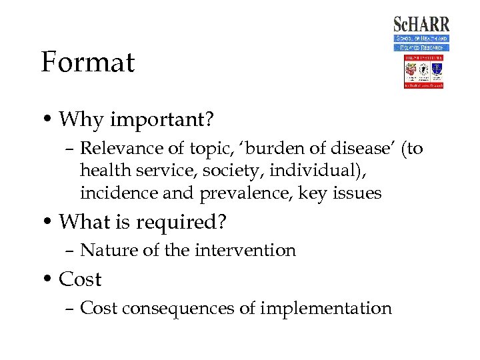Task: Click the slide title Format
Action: click(87, 63)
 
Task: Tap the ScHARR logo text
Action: click(421, 25)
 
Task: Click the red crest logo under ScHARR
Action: click(423, 72)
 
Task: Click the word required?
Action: click(179, 222)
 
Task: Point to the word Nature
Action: click(103, 251)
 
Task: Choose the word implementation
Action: click(326, 309)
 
